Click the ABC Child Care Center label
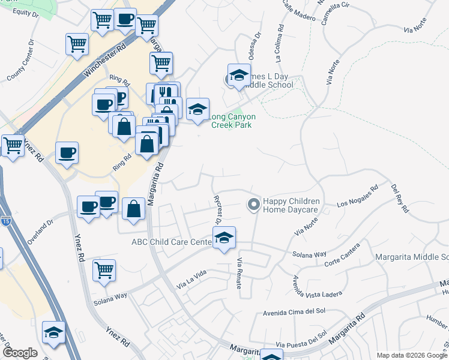pos(172,242)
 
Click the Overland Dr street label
pos(40,231)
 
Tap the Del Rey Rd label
pos(400,199)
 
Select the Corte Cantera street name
pos(342,256)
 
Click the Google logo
pos(20,353)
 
